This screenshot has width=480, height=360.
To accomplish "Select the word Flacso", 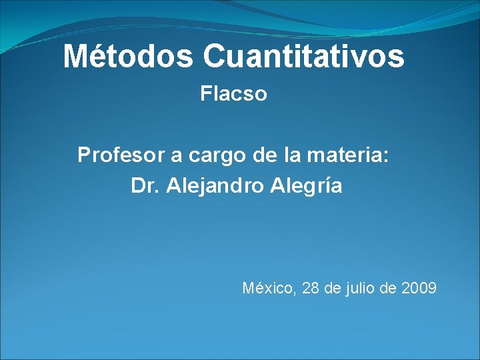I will click(234, 95).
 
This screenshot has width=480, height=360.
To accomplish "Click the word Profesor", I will click(121, 156).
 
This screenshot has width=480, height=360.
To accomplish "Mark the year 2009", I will click(419, 289).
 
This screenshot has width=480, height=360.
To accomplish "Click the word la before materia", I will click(291, 156).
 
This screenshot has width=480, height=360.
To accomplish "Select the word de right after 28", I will click(332, 289).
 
